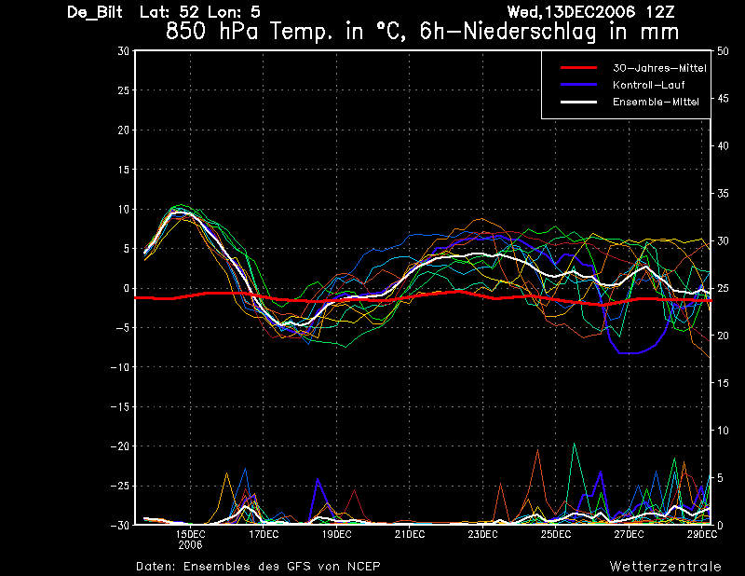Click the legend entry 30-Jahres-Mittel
point(659,68)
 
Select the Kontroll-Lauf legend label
point(648,85)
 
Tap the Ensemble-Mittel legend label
point(656,102)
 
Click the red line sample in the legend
point(578,68)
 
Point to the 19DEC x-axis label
point(337,535)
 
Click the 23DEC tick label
point(482,535)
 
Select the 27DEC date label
point(629,535)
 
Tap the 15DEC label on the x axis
point(191,535)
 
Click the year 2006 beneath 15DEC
point(190,545)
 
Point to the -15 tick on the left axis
point(120,407)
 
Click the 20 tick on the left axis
point(124,130)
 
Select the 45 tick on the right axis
point(723,99)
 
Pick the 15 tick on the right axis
point(723,383)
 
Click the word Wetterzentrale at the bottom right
point(665,567)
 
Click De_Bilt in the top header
point(95,12)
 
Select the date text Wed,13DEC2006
point(571,12)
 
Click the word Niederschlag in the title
point(529,33)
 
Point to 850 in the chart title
point(185,32)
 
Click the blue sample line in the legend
point(578,85)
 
